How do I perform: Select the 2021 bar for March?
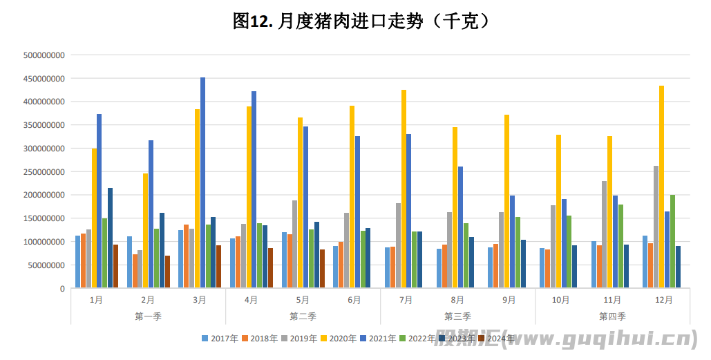point(202,183)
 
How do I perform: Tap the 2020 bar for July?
point(404,189)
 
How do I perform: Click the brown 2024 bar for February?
point(167,272)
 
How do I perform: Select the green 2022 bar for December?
point(672,241)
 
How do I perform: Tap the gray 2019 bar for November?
point(604,234)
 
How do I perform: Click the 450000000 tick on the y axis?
point(44,78)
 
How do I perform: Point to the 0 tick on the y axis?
point(61,288)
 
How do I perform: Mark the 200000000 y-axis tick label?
point(44,195)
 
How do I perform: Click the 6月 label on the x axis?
point(354,300)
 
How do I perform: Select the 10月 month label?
point(560,300)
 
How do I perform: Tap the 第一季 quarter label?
point(148,316)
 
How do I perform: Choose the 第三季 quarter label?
point(457,316)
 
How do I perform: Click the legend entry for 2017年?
point(220,339)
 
